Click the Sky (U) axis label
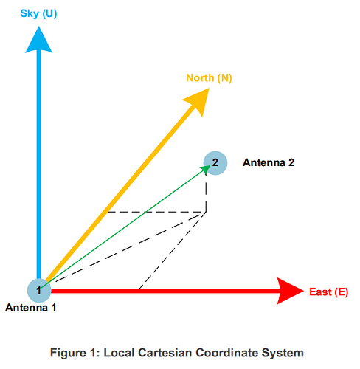[38, 13]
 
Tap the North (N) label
[209, 78]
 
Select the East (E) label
[329, 292]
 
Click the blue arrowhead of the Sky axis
[39, 40]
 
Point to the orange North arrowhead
[198, 101]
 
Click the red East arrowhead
[290, 291]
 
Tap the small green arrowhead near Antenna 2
[206, 169]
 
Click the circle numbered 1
[39, 291]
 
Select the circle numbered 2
[215, 163]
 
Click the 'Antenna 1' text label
[31, 308]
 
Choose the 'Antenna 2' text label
[269, 162]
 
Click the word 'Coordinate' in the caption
[226, 353]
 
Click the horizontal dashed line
[157, 212]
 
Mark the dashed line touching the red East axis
[173, 250]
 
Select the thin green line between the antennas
[123, 228]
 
